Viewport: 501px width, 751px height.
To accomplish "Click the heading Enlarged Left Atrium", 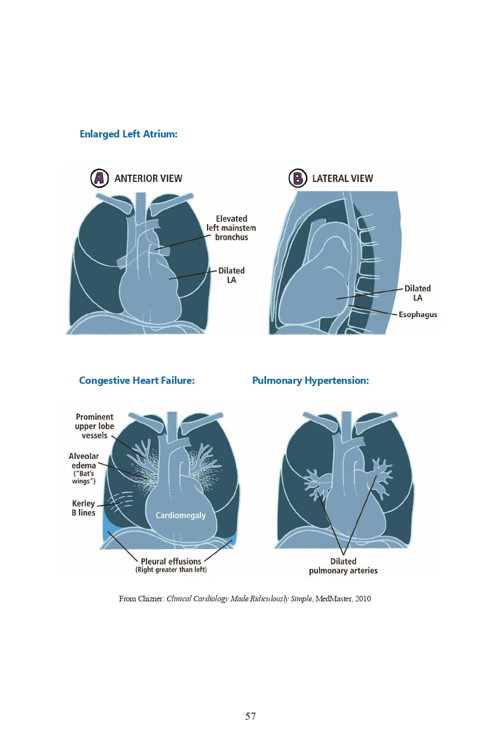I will pyautogui.click(x=128, y=134).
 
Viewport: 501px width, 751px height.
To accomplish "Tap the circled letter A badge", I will pyautogui.click(x=99, y=178).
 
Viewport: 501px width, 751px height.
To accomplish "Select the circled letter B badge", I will pyautogui.click(x=297, y=178).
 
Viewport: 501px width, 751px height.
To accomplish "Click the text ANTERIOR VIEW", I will pyautogui.click(x=148, y=179).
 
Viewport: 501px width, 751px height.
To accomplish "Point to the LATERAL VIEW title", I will pyautogui.click(x=342, y=179).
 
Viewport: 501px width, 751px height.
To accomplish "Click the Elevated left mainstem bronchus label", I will pyautogui.click(x=231, y=228).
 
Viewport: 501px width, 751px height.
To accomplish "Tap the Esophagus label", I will pyautogui.click(x=417, y=314).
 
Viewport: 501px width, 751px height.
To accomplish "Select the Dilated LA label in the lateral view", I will pyautogui.click(x=417, y=293).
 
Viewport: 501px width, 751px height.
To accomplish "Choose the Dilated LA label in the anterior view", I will pyautogui.click(x=231, y=275).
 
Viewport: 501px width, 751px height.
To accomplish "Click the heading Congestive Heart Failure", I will pyautogui.click(x=136, y=381).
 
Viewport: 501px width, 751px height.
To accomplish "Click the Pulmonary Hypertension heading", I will pyautogui.click(x=310, y=381).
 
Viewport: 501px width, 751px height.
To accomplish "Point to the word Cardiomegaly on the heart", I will pyautogui.click(x=180, y=516).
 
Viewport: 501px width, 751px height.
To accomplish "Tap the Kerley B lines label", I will pyautogui.click(x=83, y=508).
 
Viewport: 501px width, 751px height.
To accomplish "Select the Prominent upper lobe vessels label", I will pyautogui.click(x=95, y=426).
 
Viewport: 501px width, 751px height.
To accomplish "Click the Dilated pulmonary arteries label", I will pyautogui.click(x=343, y=566).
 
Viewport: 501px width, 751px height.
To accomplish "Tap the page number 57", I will pyautogui.click(x=250, y=716).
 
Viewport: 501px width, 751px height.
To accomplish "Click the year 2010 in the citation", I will pyautogui.click(x=362, y=599).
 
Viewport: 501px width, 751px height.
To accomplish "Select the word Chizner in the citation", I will pyautogui.click(x=151, y=599).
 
